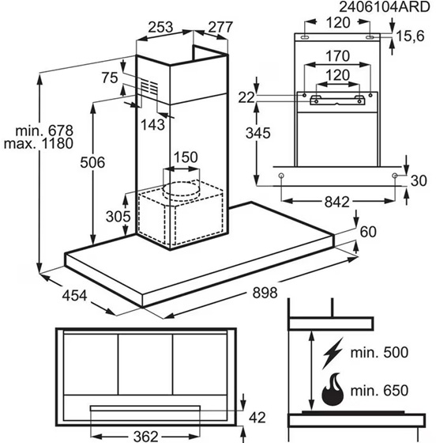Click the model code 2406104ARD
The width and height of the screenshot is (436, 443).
point(385,7)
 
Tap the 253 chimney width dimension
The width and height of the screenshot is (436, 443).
point(160,27)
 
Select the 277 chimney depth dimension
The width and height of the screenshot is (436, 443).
point(220,27)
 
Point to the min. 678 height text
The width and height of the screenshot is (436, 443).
point(44,131)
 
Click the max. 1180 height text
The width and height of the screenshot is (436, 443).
point(39,143)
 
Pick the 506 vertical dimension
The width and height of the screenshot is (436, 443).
point(92,162)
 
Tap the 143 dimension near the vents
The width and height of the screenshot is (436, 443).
point(152,125)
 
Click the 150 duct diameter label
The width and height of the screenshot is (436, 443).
point(186,157)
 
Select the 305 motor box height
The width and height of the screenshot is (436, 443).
point(118,217)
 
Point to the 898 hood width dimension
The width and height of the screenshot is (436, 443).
point(265,293)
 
